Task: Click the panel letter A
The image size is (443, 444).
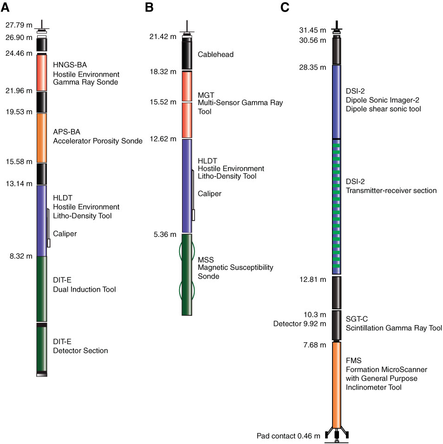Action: pyautogui.click(x=6, y=7)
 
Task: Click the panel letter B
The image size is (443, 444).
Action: pyautogui.click(x=149, y=7)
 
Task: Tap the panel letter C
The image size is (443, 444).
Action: pyautogui.click(x=285, y=7)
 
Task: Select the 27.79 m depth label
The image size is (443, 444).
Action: pyautogui.click(x=19, y=25)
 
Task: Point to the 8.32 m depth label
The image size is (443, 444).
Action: pyautogui.click(x=21, y=256)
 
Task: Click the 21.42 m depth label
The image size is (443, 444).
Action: pyautogui.click(x=163, y=37)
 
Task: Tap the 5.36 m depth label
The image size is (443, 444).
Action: pyautogui.click(x=165, y=235)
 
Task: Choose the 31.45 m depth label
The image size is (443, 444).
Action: pyautogui.click(x=313, y=30)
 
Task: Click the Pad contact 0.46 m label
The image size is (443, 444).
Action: pyautogui.click(x=288, y=436)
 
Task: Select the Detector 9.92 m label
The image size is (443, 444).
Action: pyautogui.click(x=300, y=324)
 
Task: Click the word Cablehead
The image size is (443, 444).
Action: pyautogui.click(x=216, y=54)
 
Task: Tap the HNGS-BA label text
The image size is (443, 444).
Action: pyautogui.click(x=70, y=65)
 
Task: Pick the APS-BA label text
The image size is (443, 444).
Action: pyautogui.click(x=66, y=132)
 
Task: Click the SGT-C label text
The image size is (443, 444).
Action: pyautogui.click(x=357, y=319)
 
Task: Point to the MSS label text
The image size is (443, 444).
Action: pyautogui.click(x=206, y=260)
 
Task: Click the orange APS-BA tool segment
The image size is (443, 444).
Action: pyautogui.click(x=42, y=138)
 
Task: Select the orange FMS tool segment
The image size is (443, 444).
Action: pyautogui.click(x=337, y=385)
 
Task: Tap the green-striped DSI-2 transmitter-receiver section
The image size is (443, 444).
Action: pyautogui.click(x=337, y=207)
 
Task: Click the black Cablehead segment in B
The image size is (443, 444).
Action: pyautogui.click(x=187, y=55)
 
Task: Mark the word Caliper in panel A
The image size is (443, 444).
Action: pyautogui.click(x=65, y=234)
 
